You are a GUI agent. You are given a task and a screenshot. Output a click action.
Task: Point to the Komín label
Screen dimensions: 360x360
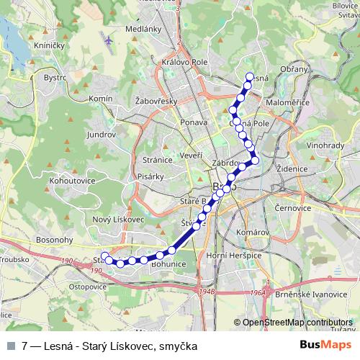click(x=101, y=97)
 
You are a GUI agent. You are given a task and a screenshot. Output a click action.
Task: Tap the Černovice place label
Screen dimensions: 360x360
click(x=292, y=207)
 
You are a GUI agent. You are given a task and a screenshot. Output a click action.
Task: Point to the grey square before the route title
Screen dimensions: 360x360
click(x=11, y=346)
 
